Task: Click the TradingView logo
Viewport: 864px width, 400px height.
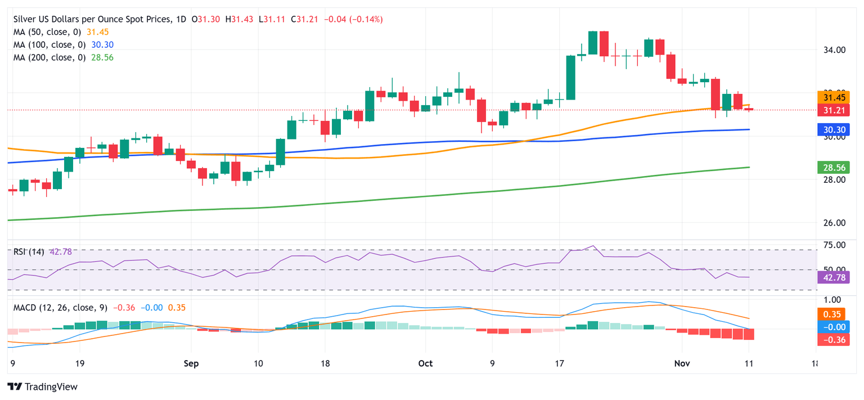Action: click(43, 387)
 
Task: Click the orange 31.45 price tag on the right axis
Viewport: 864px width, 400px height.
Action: click(832, 97)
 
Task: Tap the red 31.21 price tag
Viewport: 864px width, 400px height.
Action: click(832, 110)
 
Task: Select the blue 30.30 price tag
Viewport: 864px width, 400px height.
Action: click(832, 130)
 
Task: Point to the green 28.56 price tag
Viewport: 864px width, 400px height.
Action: click(832, 167)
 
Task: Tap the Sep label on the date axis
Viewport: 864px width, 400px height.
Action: click(191, 363)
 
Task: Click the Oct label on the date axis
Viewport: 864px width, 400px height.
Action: click(426, 363)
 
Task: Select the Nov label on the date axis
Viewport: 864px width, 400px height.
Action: click(682, 363)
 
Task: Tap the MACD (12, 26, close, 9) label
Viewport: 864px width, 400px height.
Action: click(61, 308)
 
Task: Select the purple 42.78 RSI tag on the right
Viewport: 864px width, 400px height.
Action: click(832, 277)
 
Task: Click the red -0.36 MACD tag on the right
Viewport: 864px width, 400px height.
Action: click(832, 339)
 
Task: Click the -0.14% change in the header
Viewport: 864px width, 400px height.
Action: click(366, 19)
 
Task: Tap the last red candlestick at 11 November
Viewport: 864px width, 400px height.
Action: click(749, 109)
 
